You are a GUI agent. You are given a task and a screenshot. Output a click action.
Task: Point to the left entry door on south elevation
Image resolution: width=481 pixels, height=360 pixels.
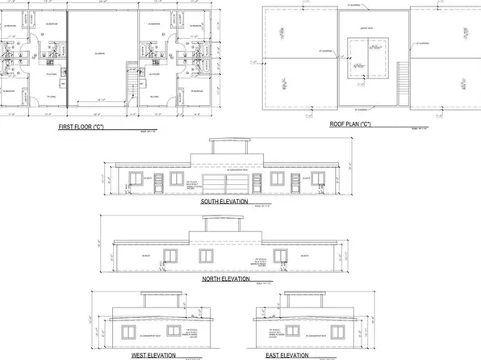point(157,182)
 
